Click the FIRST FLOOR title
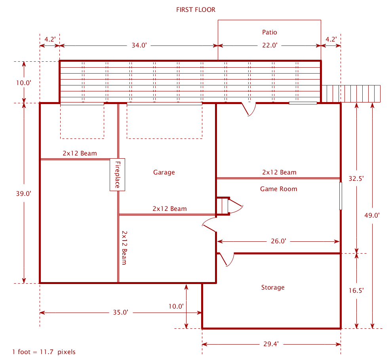click(x=196, y=10)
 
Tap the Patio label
click(x=270, y=32)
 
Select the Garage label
click(x=164, y=172)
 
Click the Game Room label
click(x=279, y=189)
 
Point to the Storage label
click(x=273, y=288)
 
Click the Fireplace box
click(x=118, y=174)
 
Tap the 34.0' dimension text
click(x=139, y=45)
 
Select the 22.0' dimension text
click(x=270, y=45)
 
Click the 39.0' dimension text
click(x=23, y=193)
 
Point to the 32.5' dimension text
click(x=356, y=178)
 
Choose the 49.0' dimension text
click(x=372, y=215)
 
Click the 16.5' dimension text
click(x=356, y=290)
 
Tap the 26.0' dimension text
click(x=278, y=241)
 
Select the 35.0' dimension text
click(x=120, y=312)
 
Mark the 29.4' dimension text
click(x=271, y=344)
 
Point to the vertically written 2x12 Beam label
click(x=124, y=248)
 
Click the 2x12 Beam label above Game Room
click(x=279, y=172)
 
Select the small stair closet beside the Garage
click(x=223, y=206)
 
